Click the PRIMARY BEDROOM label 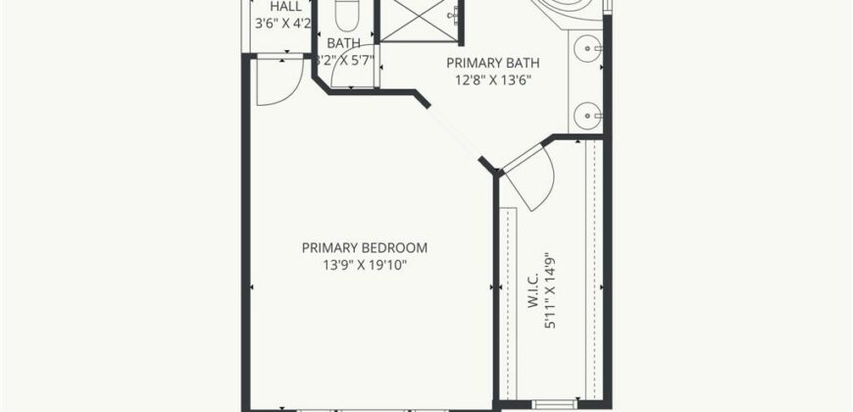tap(365, 248)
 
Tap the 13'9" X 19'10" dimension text tap(365, 266)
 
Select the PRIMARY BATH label tap(493, 62)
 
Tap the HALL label tap(285, 6)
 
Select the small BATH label tap(343, 43)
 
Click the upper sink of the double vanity tap(586, 46)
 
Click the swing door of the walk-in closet tap(530, 177)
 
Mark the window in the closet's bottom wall tap(548, 403)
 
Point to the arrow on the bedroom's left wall tap(253, 287)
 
